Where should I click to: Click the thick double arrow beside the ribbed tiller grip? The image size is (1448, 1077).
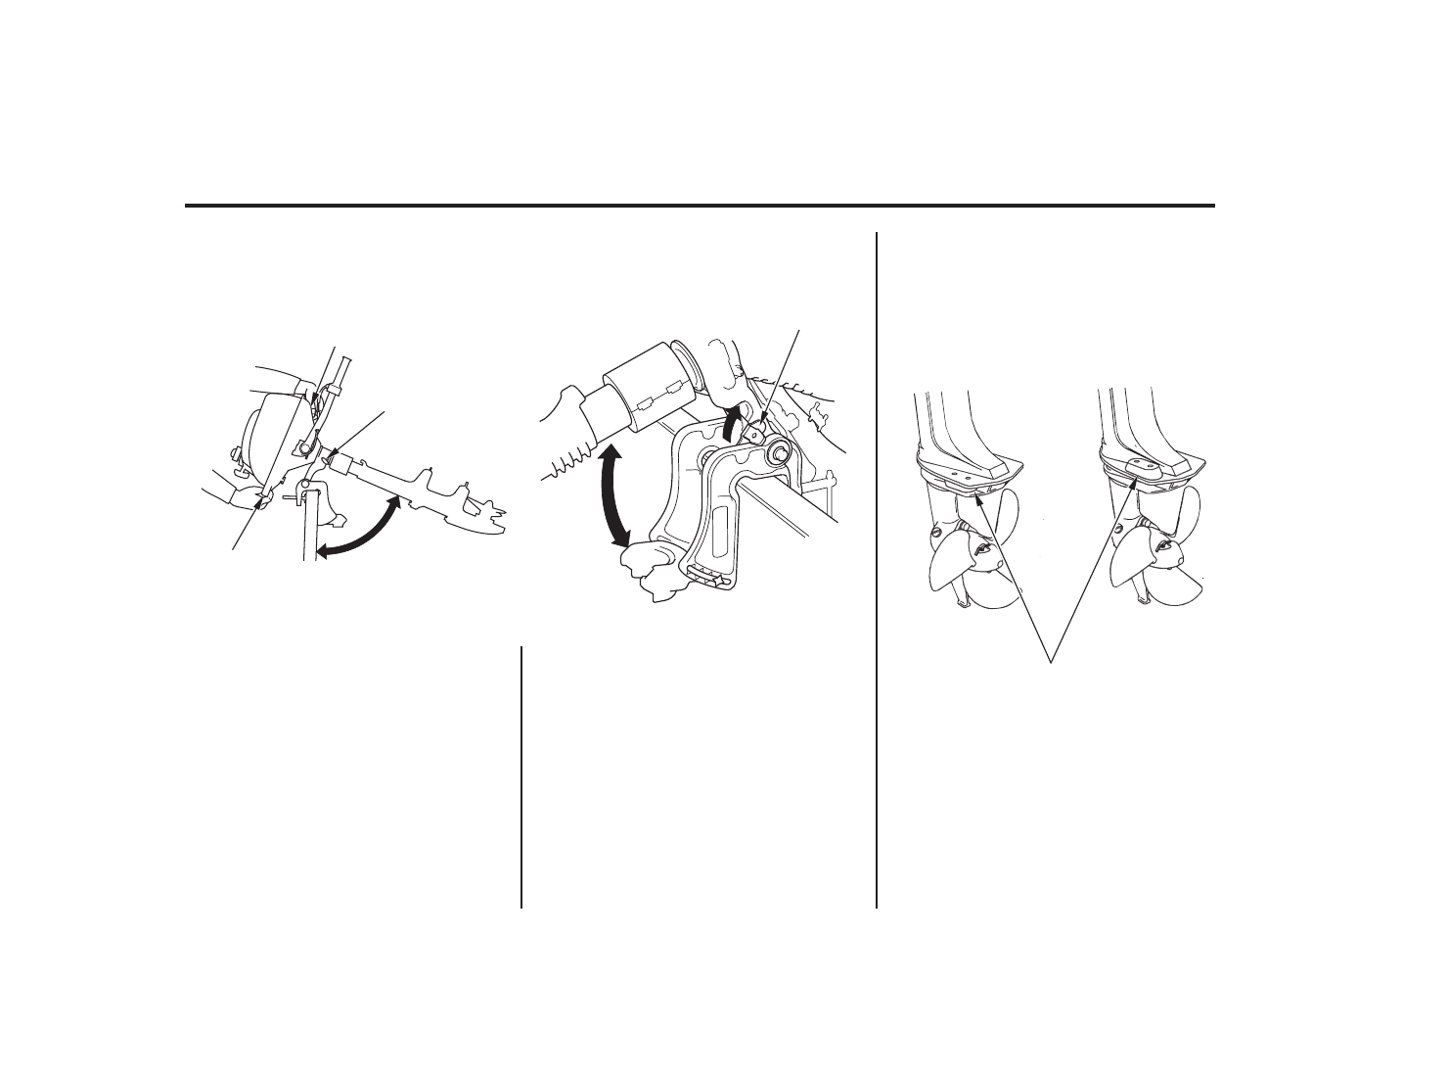tap(613, 493)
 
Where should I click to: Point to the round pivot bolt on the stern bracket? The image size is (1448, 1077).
tap(778, 452)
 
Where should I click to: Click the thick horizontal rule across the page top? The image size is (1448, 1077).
tap(700, 206)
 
